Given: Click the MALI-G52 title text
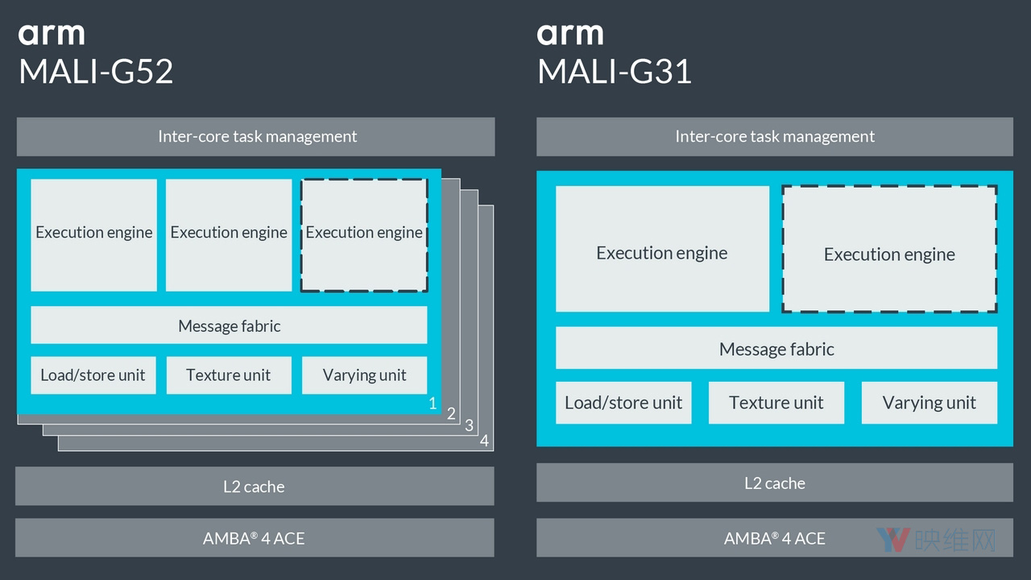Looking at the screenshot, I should pyautogui.click(x=96, y=72).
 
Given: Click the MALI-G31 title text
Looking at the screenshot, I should pyautogui.click(x=615, y=72).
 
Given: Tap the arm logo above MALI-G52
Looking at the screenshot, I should pyautogui.click(x=51, y=34).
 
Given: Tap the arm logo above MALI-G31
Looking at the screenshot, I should pyautogui.click(x=569, y=34).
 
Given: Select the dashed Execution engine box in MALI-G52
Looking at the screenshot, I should pyautogui.click(x=364, y=234).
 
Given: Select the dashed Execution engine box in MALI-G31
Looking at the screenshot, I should pyautogui.click(x=889, y=250).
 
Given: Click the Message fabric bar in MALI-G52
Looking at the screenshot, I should pyautogui.click(x=229, y=325).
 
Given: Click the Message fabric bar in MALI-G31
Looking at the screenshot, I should pyautogui.click(x=776, y=348).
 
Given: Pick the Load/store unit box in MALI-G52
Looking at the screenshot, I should pyautogui.click(x=93, y=375).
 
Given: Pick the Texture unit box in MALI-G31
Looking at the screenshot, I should pyautogui.click(x=776, y=402).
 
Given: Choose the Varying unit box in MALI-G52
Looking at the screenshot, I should pyautogui.click(x=364, y=375).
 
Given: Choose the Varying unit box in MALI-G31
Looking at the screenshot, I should pyautogui.click(x=929, y=402).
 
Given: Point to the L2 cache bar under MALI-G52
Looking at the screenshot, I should pyautogui.click(x=255, y=486).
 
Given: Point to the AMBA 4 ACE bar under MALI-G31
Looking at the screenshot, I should pyautogui.click(x=775, y=537).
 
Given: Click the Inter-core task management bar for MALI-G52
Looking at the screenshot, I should pyautogui.click(x=256, y=136).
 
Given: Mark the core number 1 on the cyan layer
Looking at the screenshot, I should pyautogui.click(x=433, y=403).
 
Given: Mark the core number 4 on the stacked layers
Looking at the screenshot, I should pyautogui.click(x=484, y=441).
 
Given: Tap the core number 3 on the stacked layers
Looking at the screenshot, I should pyautogui.click(x=470, y=425).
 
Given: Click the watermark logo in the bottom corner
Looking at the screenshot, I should pyautogui.click(x=935, y=540).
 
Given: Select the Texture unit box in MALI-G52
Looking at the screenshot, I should pyautogui.click(x=229, y=375).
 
